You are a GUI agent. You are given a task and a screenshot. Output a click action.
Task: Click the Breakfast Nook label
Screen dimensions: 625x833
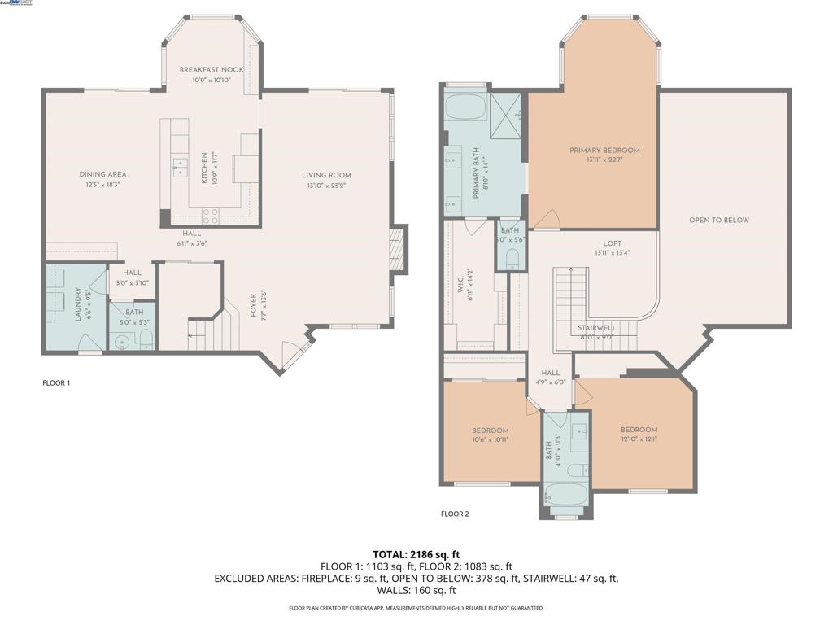[211, 71]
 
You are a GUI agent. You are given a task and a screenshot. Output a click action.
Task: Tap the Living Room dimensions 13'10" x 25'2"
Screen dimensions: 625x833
[326, 185]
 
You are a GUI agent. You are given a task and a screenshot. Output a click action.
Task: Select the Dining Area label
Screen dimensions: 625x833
[102, 174]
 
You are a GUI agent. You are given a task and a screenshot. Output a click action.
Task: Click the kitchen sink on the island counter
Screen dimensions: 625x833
[179, 168]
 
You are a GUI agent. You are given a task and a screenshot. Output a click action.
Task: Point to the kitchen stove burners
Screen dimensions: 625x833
[210, 216]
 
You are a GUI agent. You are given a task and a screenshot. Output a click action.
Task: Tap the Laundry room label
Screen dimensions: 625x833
[79, 304]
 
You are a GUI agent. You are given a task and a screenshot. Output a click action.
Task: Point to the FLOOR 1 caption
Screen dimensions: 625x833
[56, 382]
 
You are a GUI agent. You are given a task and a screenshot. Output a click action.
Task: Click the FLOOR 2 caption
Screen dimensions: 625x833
[455, 514]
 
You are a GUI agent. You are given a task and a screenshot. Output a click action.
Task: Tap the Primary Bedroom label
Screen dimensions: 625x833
[604, 151]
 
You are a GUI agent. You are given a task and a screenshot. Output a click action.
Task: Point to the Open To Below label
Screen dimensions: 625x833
[719, 220]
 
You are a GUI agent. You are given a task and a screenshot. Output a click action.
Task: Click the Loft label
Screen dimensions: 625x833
[612, 243]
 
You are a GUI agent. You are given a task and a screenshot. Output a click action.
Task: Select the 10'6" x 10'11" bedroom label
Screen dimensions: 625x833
[491, 431]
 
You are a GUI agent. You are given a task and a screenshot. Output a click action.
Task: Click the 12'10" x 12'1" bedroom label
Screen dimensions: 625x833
[639, 430]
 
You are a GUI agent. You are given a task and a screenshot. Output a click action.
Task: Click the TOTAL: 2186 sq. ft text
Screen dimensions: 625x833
[416, 554]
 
